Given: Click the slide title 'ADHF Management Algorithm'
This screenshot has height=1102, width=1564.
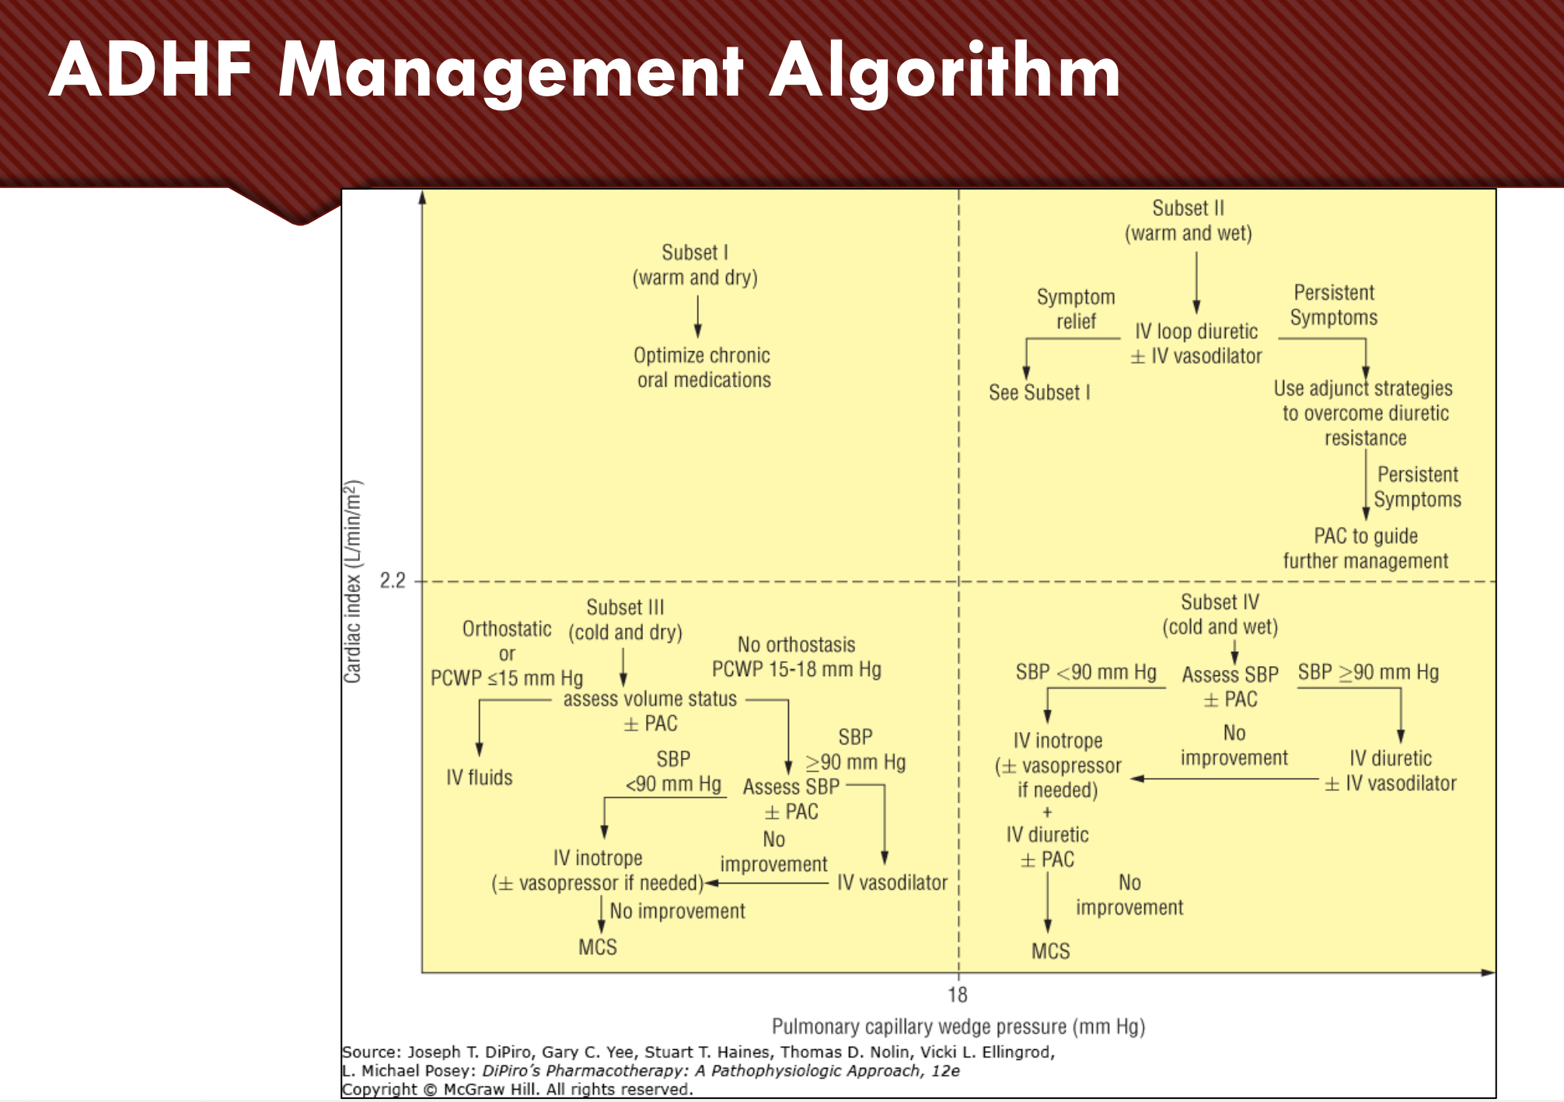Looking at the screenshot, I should pos(585,71).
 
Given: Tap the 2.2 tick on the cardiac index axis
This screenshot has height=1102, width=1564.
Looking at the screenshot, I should pos(393,581).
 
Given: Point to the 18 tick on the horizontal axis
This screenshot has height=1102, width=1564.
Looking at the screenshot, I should pos(958,995).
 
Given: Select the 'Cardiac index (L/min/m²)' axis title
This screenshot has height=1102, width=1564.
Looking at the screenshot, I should pos(353,581).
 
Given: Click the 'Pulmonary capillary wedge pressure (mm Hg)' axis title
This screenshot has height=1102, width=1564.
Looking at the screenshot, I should pos(958,1027).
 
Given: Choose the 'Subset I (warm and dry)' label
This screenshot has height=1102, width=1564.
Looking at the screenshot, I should pos(695,265).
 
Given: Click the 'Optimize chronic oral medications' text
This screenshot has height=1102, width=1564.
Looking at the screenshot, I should pos(703,368).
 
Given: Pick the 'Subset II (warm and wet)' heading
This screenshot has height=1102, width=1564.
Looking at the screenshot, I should pos(1188,221).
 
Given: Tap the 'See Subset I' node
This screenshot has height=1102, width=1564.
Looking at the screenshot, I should pos(1039,392).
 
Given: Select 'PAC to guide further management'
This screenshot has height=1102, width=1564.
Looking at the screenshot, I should pos(1365,549).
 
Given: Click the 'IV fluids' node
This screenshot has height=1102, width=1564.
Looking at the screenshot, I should pos(479,778).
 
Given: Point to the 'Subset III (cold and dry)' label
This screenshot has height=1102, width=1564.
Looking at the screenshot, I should pos(625,619).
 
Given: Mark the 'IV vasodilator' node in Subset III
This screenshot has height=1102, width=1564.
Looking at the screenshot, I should pos(892,883).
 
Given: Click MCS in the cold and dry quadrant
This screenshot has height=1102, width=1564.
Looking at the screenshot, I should pos(597,947).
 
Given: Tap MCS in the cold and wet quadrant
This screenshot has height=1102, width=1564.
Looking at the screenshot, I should pos(1050,951).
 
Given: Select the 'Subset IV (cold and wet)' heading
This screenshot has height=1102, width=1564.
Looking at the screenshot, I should pos(1220,614).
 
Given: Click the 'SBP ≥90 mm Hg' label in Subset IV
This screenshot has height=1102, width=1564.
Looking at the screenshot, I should pos(1368,672).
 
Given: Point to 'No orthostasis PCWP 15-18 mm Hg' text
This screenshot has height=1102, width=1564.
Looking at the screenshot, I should pos(796,657).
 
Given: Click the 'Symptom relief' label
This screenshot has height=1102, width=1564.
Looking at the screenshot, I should pos(1076,309).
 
